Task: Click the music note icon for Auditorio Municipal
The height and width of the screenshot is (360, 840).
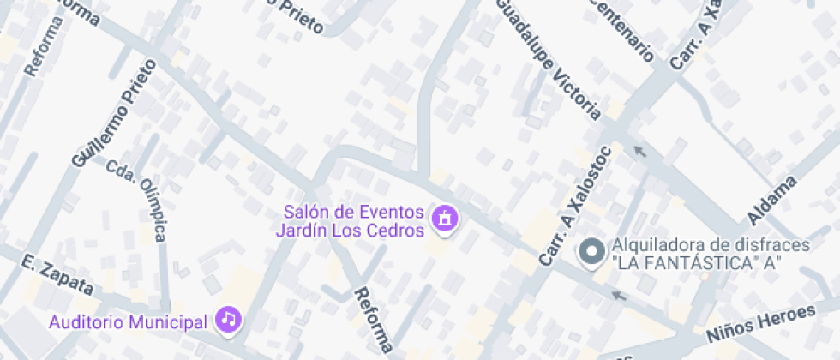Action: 228,320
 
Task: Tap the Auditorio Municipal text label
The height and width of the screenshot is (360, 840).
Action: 129,322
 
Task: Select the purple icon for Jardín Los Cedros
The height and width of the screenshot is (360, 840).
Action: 444,219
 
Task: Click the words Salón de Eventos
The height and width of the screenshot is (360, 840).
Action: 354,212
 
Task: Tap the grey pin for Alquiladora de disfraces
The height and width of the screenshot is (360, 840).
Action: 591,253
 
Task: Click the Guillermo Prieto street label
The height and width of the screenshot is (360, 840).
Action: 115,112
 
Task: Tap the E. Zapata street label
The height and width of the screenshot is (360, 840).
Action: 51,270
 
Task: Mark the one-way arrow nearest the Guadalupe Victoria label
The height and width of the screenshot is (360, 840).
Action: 639,152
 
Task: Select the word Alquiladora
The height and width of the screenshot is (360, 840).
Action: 652,246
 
